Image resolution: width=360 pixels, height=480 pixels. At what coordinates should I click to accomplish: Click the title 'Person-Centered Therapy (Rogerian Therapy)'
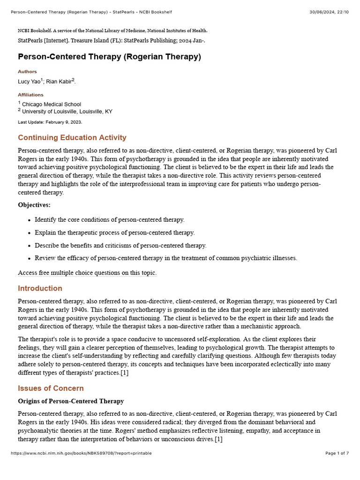(x=109, y=57)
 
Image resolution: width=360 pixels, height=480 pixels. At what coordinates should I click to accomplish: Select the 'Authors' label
(x=27, y=72)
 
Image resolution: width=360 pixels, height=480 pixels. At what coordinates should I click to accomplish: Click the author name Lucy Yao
(x=29, y=82)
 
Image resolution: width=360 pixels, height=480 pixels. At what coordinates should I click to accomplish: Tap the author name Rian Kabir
(x=59, y=82)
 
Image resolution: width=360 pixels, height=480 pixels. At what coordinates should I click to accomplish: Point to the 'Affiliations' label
(x=30, y=95)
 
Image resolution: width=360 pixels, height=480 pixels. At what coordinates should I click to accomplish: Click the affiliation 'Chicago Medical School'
(x=52, y=104)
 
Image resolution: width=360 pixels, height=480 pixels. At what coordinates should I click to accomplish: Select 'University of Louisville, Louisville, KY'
(x=67, y=112)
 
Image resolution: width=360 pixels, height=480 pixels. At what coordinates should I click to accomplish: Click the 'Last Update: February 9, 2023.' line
(x=50, y=122)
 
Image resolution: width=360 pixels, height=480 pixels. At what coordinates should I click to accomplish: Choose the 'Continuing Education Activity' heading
(x=72, y=137)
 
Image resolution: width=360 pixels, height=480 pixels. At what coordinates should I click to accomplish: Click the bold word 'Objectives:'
(x=34, y=205)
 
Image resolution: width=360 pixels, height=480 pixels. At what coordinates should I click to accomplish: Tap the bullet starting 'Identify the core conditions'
(x=110, y=220)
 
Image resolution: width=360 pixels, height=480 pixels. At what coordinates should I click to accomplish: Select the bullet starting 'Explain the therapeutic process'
(x=115, y=232)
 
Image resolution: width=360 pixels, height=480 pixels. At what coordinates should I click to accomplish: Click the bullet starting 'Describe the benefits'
(x=120, y=245)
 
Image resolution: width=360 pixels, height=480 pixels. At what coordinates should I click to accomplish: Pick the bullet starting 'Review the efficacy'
(x=166, y=258)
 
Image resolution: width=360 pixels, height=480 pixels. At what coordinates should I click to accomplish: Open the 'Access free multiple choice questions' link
(x=87, y=273)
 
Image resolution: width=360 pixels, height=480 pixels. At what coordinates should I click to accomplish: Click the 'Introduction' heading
(x=40, y=288)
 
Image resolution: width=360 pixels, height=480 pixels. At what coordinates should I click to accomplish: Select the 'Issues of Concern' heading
(x=51, y=388)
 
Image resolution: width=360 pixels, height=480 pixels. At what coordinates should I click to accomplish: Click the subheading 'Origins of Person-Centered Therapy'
(x=71, y=401)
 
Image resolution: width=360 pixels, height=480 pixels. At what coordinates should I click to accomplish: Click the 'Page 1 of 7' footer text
(x=337, y=453)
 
